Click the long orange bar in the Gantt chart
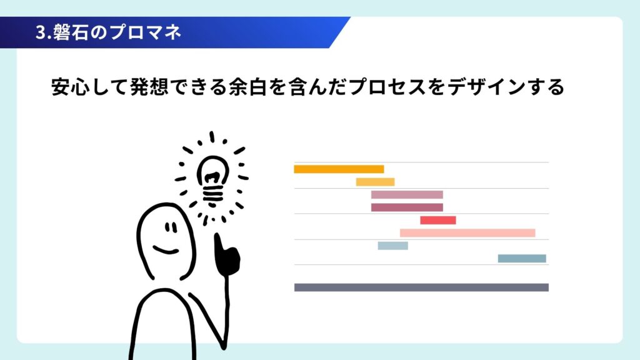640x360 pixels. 339,169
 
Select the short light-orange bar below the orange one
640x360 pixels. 375,182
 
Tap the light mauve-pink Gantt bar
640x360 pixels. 407,195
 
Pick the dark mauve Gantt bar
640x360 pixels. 407,207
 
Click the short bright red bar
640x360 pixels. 438,221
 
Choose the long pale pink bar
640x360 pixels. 467,233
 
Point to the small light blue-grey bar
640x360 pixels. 392,246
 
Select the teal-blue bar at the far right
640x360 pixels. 522,258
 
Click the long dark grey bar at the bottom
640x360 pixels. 421,287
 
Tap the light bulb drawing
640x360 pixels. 212,179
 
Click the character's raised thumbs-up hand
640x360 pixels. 226,255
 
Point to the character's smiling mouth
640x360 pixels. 166,250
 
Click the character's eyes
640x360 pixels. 171,227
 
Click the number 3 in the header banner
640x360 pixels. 40,32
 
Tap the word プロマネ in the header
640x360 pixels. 145,32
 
